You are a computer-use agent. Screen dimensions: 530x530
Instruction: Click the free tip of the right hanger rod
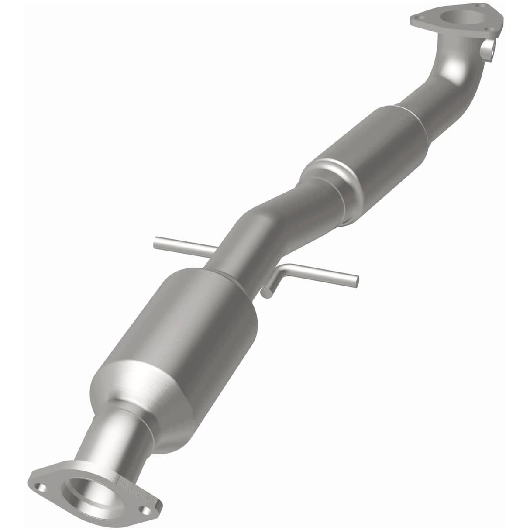pyautogui.click(x=356, y=282)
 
